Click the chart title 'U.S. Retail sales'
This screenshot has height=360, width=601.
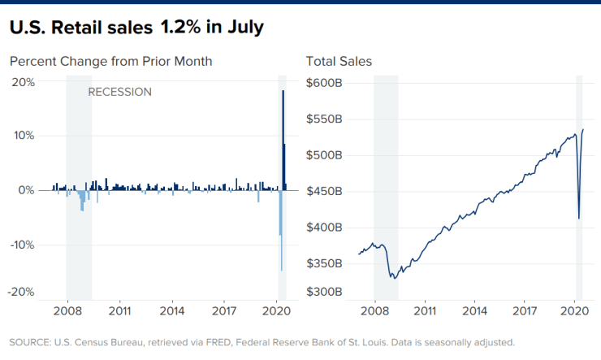pyautogui.click(x=80, y=28)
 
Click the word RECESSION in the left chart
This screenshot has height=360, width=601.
pyautogui.click(x=119, y=92)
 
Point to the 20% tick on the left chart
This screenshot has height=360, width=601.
pyautogui.click(x=22, y=82)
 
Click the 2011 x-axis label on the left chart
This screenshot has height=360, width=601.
pyautogui.click(x=120, y=310)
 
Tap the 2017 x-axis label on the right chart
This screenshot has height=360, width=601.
pyautogui.click(x=525, y=310)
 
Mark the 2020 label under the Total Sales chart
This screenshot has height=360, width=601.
pyautogui.click(x=575, y=310)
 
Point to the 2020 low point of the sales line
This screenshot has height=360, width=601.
pyautogui.click(x=578, y=218)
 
